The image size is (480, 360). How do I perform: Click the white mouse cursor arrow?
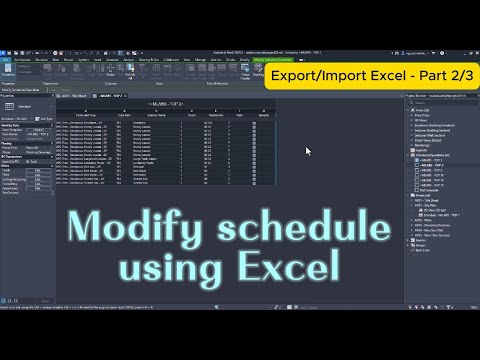point(308,151)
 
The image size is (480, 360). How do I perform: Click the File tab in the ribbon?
point(7,59)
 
